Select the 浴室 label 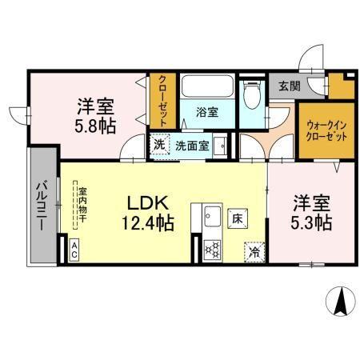point(207,113)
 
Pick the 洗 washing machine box point(159,146)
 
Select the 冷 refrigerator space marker point(254,250)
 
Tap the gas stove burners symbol point(213,250)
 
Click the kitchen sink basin point(213,217)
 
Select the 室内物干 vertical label point(82,205)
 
